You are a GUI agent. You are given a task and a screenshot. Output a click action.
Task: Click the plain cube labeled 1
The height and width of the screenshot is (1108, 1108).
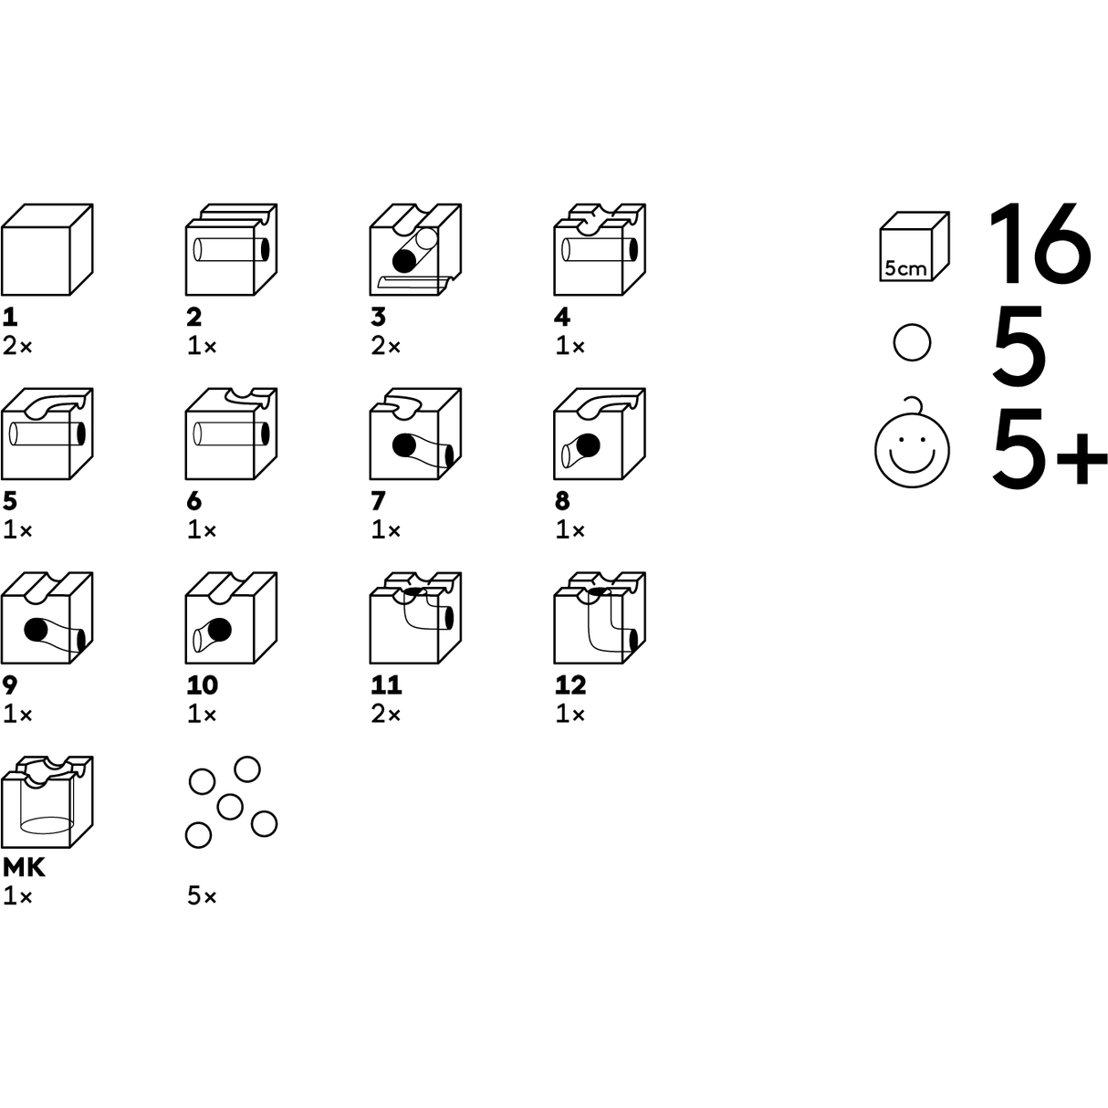(47, 250)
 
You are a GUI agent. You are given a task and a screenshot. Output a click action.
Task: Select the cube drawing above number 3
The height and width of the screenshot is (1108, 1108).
(415, 250)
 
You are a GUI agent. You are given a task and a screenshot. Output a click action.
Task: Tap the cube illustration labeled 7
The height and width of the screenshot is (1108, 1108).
(415, 434)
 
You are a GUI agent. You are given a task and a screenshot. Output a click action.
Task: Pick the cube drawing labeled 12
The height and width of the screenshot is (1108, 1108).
(600, 618)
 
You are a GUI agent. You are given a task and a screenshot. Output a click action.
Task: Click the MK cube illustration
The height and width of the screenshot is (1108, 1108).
(47, 802)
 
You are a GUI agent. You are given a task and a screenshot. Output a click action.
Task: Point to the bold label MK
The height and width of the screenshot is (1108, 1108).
(25, 867)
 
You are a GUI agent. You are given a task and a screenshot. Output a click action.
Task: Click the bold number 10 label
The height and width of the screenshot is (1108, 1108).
(203, 685)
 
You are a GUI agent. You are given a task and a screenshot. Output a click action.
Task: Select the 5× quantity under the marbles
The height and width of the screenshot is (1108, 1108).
(202, 896)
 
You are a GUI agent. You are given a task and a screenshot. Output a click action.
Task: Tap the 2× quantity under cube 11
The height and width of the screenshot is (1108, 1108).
(386, 714)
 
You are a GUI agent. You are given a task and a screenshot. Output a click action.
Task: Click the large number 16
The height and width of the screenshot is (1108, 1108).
(1040, 243)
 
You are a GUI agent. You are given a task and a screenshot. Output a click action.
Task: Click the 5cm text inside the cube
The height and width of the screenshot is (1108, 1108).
(905, 269)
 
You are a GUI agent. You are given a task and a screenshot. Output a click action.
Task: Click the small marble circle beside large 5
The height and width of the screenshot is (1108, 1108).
(912, 344)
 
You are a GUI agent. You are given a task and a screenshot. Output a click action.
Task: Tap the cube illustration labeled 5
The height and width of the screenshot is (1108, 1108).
(47, 434)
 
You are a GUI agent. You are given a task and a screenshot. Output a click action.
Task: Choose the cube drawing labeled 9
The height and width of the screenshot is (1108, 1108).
(47, 618)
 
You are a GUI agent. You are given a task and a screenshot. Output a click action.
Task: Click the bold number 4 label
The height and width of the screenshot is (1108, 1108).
(562, 317)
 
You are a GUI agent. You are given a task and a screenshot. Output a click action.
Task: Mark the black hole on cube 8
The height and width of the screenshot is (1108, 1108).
(589, 445)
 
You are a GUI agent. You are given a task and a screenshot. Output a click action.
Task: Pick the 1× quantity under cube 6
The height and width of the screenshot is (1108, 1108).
(202, 529)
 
